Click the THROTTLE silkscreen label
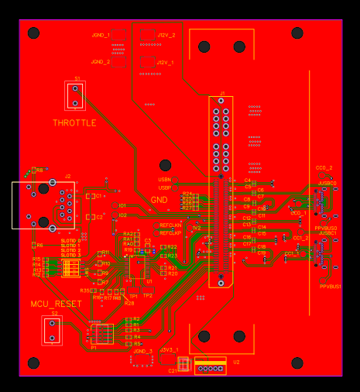click(x=74, y=123)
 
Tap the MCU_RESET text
click(x=56, y=304)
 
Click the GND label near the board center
click(x=159, y=200)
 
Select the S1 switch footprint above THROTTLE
click(x=75, y=95)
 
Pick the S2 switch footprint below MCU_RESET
click(x=53, y=330)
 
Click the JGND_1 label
click(x=100, y=36)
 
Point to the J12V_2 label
click(x=166, y=36)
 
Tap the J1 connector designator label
click(x=222, y=92)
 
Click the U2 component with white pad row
click(x=210, y=366)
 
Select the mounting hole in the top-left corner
click(x=33, y=33)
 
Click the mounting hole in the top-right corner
click(x=297, y=33)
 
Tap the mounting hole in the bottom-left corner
click(x=33, y=363)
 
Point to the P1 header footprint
click(x=102, y=334)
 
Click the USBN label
click(x=164, y=179)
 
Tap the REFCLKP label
click(x=170, y=232)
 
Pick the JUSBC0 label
click(x=327, y=183)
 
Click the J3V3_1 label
click(x=169, y=350)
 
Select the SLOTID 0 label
click(x=70, y=241)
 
